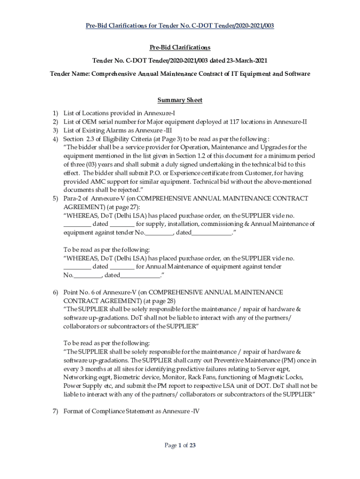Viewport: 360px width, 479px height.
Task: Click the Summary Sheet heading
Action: (x=180, y=100)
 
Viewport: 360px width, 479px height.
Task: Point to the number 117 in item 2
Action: (x=235, y=122)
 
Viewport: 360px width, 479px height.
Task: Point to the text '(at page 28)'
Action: (x=159, y=300)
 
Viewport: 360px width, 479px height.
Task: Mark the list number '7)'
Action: (x=55, y=411)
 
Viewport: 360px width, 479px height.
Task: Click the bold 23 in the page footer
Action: (x=192, y=445)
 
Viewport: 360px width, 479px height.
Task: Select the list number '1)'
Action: (x=55, y=113)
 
